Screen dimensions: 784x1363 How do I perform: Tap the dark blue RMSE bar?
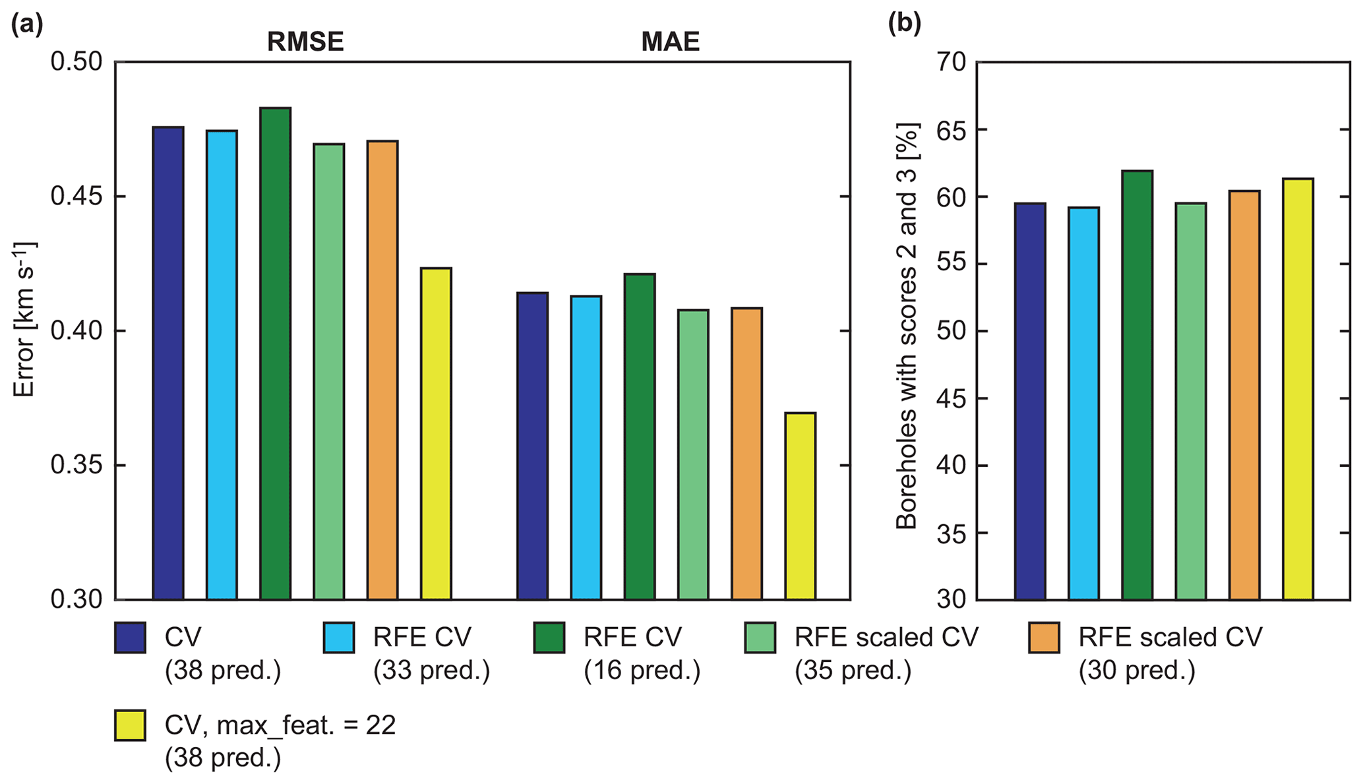click(x=168, y=363)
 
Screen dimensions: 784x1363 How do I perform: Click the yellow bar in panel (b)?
click(x=1298, y=389)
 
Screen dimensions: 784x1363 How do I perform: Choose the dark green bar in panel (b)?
click(x=1137, y=385)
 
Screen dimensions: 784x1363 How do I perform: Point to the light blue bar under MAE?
click(x=586, y=448)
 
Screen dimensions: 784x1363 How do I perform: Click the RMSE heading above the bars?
click(x=305, y=42)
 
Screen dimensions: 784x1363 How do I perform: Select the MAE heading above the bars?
click(x=670, y=42)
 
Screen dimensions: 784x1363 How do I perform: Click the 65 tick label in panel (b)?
click(x=950, y=129)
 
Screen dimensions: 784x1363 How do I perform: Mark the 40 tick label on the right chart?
click(x=950, y=466)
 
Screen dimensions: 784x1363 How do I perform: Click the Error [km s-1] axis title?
click(x=24, y=320)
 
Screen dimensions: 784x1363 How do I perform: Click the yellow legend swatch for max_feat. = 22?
click(x=130, y=725)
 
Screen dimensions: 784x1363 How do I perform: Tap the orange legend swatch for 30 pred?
click(x=1044, y=638)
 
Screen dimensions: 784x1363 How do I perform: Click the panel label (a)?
click(x=27, y=24)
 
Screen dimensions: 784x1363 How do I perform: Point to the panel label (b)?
click(x=905, y=24)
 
